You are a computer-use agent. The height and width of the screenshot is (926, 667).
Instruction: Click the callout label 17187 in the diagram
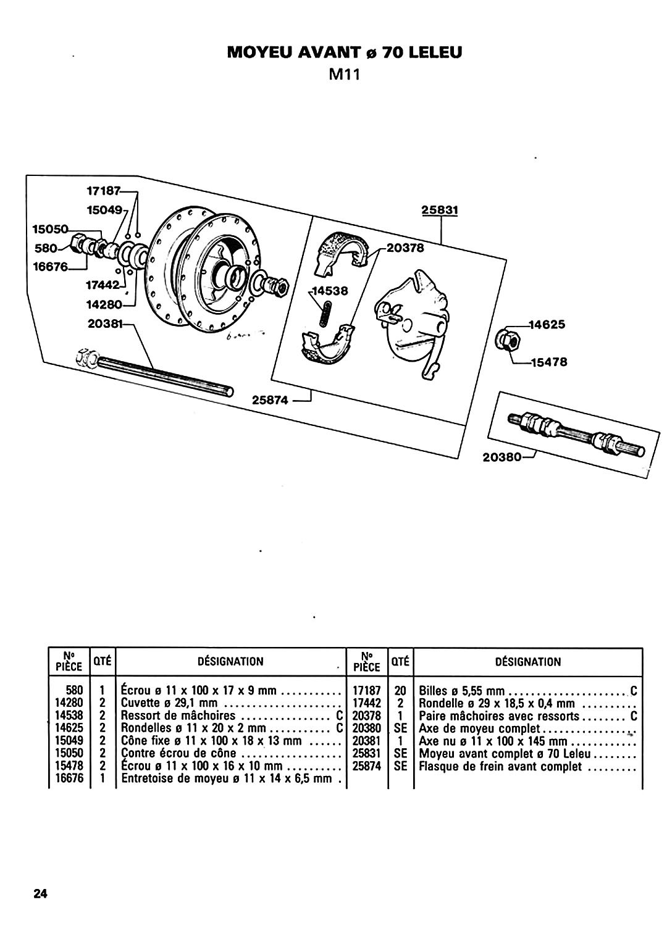103,191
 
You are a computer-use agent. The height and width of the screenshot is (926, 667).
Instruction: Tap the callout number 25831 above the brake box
440,210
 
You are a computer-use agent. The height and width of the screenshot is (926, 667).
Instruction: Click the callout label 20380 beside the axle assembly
501,457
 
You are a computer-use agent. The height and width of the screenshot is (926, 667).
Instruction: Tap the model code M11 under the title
344,75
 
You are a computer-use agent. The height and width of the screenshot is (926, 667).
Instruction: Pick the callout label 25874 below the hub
270,400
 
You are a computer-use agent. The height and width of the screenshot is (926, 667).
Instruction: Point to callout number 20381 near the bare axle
106,323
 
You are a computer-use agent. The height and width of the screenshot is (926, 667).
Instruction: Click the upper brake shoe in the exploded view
341,252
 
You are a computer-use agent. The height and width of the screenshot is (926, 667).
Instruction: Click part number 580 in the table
75,690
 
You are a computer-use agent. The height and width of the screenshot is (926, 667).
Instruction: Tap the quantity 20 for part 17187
400,690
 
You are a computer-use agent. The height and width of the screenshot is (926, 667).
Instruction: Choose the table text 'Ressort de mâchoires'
178,715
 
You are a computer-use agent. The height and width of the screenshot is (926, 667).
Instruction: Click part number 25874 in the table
366,766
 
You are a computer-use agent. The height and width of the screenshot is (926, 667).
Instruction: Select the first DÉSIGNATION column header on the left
230,661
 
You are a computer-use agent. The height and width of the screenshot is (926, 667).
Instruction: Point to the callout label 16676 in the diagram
51,267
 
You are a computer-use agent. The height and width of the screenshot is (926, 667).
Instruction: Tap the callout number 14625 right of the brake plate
547,324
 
